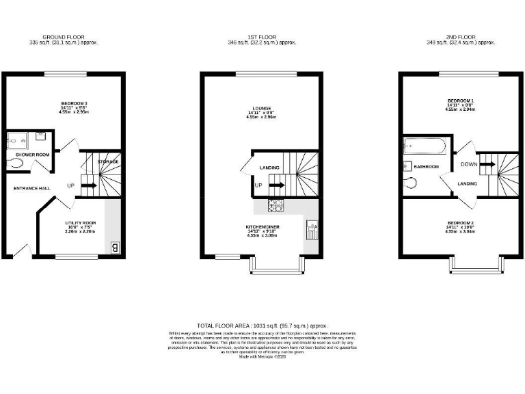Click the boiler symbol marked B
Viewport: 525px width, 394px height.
click(x=115, y=248)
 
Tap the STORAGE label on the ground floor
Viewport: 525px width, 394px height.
click(x=108, y=161)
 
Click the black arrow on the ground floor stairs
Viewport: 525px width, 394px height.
click(x=90, y=185)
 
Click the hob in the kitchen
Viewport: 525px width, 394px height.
click(x=277, y=205)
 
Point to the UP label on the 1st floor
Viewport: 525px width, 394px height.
click(x=258, y=185)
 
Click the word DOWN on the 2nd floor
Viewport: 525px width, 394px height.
click(x=469, y=164)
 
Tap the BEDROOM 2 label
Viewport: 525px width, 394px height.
click(x=458, y=223)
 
